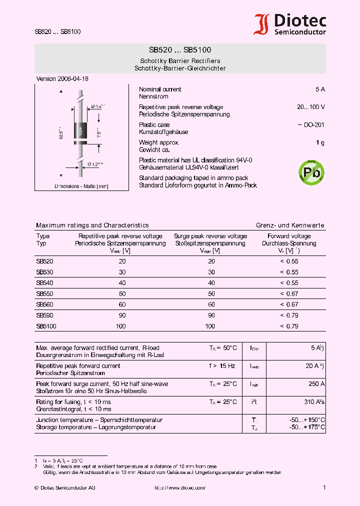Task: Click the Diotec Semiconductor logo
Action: [290, 24]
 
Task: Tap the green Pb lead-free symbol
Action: [311, 172]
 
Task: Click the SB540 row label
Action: [44, 282]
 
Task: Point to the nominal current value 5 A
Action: [320, 89]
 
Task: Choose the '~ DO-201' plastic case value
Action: [311, 125]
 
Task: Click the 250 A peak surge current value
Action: [316, 384]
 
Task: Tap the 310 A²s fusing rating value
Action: [314, 402]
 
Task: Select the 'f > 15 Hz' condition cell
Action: [222, 366]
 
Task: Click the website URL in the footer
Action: [179, 487]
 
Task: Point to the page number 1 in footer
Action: [324, 487]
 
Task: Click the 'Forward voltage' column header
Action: [289, 236]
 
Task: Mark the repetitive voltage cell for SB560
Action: [122, 304]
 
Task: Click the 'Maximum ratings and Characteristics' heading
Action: [92, 225]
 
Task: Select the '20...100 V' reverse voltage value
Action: [311, 107]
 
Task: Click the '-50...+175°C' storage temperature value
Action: [307, 427]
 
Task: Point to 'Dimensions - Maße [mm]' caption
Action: [81, 186]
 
